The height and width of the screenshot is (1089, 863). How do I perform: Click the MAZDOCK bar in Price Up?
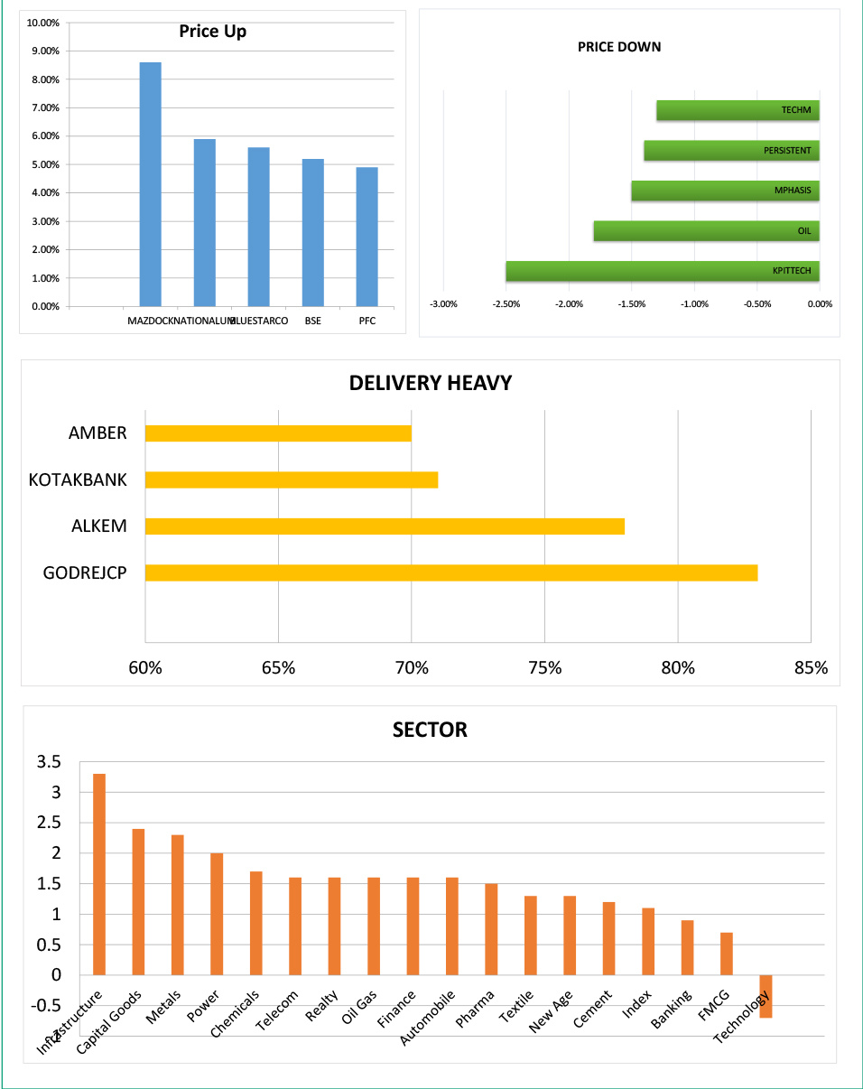[150, 184]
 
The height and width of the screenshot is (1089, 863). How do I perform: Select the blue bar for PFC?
[367, 237]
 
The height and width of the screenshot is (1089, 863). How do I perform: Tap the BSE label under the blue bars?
[313, 321]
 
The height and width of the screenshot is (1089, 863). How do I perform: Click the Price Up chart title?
[212, 32]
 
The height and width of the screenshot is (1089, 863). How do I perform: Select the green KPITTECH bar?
[663, 271]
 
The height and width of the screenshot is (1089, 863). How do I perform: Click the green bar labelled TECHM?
[738, 110]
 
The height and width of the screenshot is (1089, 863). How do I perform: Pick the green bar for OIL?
[706, 230]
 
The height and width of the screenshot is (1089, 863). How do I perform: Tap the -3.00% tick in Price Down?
[444, 304]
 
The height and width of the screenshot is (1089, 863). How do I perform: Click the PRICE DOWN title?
[619, 47]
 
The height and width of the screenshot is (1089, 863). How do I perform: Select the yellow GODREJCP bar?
[450, 572]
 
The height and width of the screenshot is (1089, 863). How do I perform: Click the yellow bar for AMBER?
[278, 433]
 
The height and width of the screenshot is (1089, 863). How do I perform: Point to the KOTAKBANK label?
[78, 479]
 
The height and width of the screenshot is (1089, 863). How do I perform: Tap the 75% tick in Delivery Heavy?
[544, 668]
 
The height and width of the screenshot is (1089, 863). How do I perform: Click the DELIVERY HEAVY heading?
[431, 383]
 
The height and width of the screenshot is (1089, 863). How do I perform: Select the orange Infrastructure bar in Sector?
[99, 874]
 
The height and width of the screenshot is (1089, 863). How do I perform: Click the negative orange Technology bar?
[766, 996]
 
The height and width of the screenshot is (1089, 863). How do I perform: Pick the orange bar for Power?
[217, 914]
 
